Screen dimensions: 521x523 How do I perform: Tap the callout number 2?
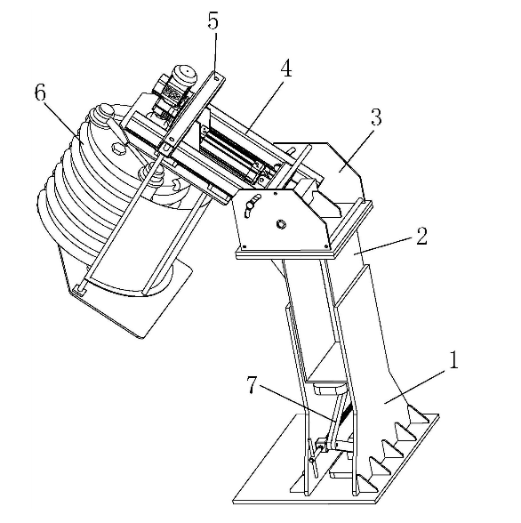[421, 237]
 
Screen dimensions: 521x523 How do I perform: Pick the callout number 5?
[212, 20]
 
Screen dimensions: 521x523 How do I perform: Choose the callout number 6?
[40, 93]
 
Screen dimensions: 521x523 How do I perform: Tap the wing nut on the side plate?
[251, 205]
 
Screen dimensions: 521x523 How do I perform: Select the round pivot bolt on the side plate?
[281, 224]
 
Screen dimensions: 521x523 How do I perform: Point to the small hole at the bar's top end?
[217, 77]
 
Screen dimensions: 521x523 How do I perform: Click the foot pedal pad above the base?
[329, 389]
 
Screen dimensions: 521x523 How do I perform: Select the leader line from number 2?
[383, 245]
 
